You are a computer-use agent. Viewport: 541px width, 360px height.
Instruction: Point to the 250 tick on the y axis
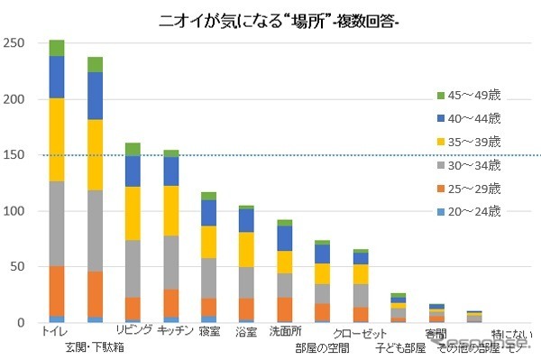[x=15, y=43]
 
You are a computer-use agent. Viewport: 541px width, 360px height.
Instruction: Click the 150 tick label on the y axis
[x=15, y=155]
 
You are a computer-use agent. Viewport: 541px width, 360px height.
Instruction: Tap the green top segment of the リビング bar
[x=133, y=149]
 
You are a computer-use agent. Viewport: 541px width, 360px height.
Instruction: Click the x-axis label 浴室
[x=246, y=332]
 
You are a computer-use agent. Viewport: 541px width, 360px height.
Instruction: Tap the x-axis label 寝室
[x=208, y=332]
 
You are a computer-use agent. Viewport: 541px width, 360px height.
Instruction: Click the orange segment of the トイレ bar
[x=57, y=291]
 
